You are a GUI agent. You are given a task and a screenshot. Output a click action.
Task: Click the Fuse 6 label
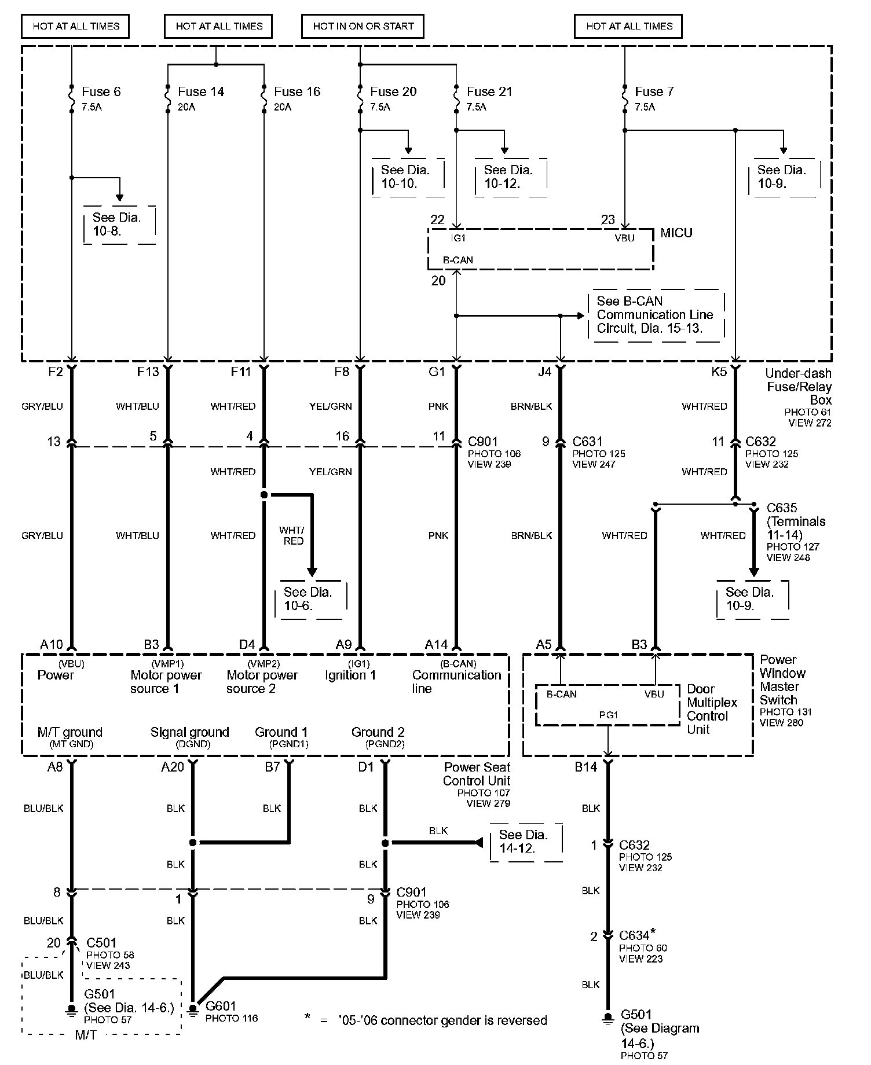click(101, 91)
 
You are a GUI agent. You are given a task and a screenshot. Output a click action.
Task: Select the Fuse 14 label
click(200, 91)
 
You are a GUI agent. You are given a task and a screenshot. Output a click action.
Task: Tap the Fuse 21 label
click(489, 91)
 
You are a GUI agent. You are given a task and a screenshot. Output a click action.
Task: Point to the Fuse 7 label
click(654, 91)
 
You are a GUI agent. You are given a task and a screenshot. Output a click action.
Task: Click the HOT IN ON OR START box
click(363, 26)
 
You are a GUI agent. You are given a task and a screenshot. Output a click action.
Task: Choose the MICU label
click(676, 233)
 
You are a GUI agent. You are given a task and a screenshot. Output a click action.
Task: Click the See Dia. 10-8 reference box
click(119, 224)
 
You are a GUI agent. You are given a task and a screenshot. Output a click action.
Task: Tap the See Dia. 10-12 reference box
click(510, 177)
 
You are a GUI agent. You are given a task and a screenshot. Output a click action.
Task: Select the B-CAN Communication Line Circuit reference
click(656, 315)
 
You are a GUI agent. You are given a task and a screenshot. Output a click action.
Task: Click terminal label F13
click(148, 372)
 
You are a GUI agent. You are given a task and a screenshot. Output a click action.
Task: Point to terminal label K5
click(719, 372)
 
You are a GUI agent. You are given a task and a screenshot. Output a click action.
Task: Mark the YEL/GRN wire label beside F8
click(330, 406)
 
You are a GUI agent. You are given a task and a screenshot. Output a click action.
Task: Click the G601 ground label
click(221, 1006)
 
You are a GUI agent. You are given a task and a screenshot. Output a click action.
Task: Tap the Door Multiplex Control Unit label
click(712, 709)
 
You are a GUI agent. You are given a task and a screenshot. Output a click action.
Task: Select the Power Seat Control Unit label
click(477, 774)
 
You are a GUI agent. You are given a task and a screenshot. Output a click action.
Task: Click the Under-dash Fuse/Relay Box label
click(799, 387)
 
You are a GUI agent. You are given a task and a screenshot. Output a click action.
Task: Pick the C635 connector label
click(782, 508)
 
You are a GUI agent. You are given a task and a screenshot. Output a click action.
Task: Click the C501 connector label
click(101, 943)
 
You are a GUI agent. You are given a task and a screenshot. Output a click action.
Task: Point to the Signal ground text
click(189, 732)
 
